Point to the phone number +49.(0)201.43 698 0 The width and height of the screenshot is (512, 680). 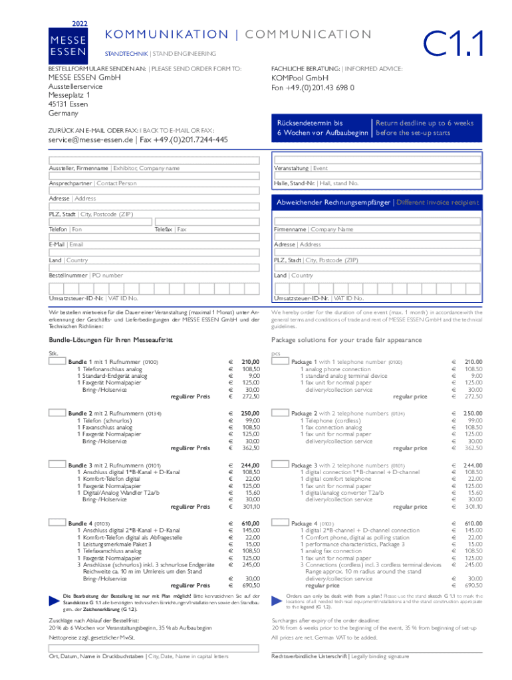[x=313, y=88]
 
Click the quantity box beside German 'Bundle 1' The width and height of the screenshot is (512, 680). [x=57, y=362]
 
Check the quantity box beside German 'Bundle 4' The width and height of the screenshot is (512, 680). [x=57, y=523]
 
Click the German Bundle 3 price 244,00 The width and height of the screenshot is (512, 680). [x=250, y=465]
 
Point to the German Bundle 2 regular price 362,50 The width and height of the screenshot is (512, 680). [x=250, y=448]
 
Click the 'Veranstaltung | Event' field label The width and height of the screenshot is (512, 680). [x=301, y=169]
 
